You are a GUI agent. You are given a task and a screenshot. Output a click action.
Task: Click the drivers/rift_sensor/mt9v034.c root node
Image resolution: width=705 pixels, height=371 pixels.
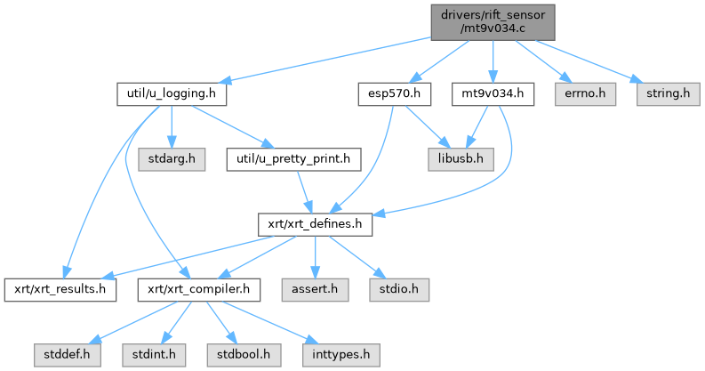[x=493, y=21]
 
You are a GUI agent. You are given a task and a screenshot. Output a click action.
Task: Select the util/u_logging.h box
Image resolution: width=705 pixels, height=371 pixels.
[x=172, y=93]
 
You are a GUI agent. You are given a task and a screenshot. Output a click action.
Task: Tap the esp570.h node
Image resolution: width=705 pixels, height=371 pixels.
[x=394, y=93]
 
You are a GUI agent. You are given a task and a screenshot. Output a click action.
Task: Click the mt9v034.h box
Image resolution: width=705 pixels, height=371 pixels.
[x=493, y=93]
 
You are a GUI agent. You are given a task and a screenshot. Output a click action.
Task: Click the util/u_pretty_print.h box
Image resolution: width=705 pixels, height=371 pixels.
[x=293, y=160]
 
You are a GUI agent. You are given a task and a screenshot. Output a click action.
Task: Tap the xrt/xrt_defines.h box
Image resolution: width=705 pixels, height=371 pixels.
[x=314, y=225]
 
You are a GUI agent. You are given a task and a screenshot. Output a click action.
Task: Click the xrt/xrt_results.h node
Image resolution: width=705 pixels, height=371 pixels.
[x=60, y=289]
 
